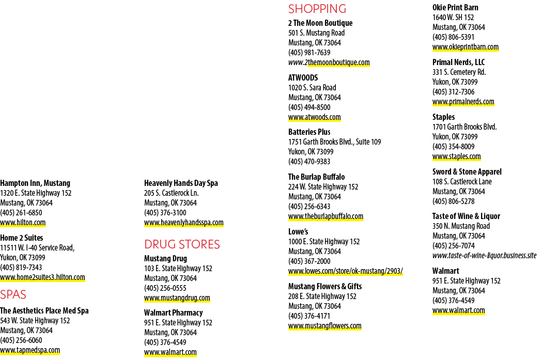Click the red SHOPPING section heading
(317, 9)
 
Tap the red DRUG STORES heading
(182, 244)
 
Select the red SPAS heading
(13, 294)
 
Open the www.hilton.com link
(23, 223)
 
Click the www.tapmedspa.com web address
(30, 350)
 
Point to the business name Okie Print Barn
(455, 7)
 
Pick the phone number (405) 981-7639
(309, 53)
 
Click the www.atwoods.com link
(314, 117)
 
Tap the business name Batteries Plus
(309, 132)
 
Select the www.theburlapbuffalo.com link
(326, 216)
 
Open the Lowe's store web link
(346, 271)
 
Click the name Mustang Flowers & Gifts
(325, 286)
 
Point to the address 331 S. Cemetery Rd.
(459, 72)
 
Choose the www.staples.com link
(457, 156)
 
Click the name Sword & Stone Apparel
(467, 172)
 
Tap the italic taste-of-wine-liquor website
(484, 256)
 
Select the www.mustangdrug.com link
(177, 298)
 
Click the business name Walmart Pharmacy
(173, 312)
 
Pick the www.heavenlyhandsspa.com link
(183, 223)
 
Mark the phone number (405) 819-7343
(21, 268)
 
